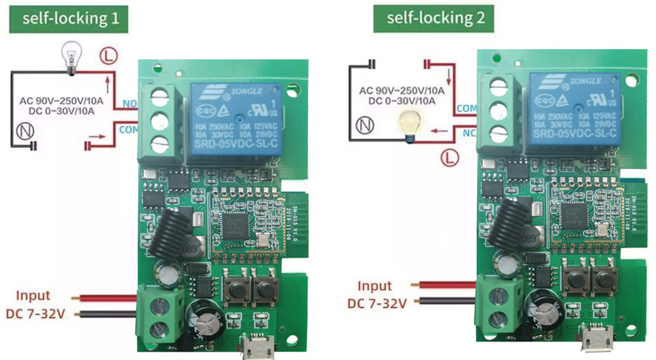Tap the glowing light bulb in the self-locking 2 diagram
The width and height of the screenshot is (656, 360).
coord(410,124)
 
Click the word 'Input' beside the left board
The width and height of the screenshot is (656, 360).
coord(33,296)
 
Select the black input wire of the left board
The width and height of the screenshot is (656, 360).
coord(108,314)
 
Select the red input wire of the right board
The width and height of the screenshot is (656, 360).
coord(445,285)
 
